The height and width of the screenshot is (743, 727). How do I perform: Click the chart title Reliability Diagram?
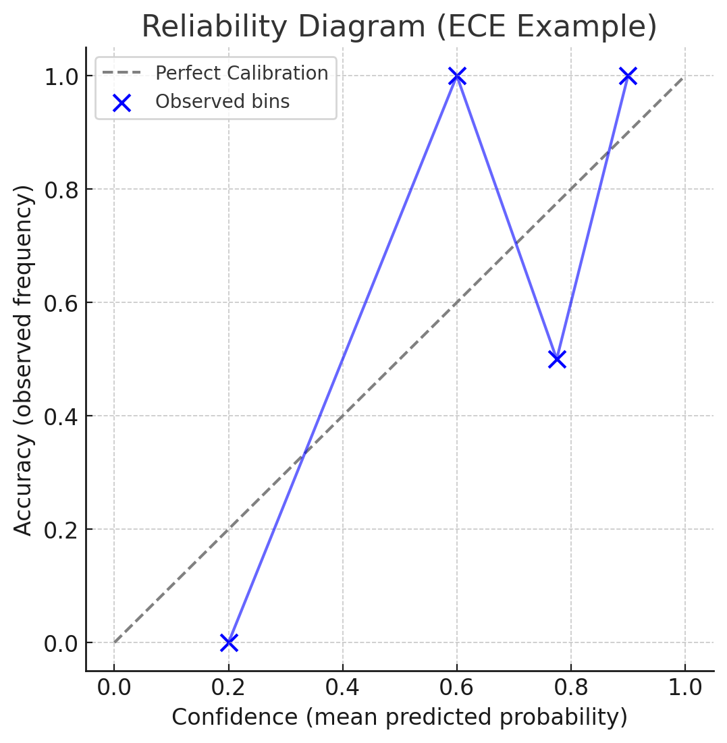398,27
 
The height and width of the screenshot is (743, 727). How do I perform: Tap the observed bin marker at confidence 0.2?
229,642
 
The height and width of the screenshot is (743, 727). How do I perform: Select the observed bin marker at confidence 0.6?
457,76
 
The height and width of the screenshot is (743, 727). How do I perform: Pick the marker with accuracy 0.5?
557,359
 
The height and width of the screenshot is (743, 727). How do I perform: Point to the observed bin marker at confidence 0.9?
628,76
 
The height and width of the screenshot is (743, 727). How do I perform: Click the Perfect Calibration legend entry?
242,73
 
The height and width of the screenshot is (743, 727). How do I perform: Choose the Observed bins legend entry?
222,102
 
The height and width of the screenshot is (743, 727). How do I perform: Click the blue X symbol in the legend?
122,103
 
